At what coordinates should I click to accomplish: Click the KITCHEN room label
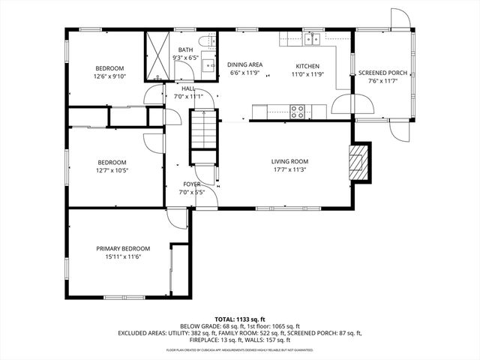click(307, 65)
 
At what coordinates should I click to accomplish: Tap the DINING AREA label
click(244, 65)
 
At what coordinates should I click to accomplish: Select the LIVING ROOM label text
click(289, 161)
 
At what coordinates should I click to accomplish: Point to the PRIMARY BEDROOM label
click(123, 248)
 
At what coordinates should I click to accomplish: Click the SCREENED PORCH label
click(382, 73)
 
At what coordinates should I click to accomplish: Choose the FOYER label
click(191, 184)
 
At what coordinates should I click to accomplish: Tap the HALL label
click(188, 88)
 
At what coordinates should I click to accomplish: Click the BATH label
click(185, 49)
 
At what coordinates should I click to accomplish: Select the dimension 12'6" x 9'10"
click(110, 76)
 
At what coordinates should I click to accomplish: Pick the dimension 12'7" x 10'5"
click(112, 171)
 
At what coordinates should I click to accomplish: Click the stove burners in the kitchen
click(297, 112)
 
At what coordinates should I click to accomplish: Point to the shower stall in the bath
click(158, 56)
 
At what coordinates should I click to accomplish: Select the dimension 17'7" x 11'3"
click(289, 169)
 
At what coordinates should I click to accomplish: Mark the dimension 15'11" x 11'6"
click(123, 257)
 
